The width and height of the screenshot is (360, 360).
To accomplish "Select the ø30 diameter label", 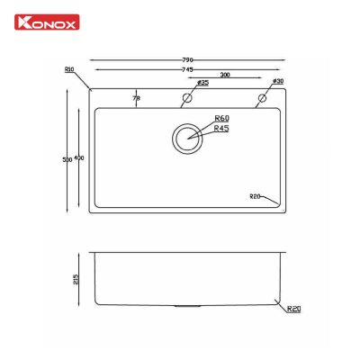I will point(277,83).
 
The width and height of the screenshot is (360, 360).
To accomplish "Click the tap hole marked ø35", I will point(188,98).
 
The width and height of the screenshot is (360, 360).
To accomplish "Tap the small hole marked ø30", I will point(263,98).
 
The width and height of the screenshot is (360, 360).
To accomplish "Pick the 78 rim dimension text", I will point(137,97).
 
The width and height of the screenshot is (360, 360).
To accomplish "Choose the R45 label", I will point(222,130).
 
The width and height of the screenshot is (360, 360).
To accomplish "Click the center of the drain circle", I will point(188,139).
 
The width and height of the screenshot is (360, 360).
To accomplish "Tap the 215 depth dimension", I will point(77,279).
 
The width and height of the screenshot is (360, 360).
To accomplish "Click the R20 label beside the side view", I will point(293,310).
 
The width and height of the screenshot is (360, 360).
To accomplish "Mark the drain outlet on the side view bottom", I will point(188,307).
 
